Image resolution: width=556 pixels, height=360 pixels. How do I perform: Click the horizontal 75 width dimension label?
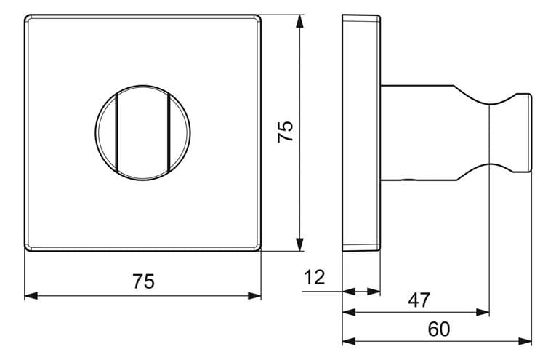[144, 281]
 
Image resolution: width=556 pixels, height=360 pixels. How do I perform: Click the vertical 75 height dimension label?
[286, 132]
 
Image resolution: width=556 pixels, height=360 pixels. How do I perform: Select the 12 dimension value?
[315, 277]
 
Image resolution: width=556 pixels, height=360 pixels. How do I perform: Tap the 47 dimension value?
[419, 300]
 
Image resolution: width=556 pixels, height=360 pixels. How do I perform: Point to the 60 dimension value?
[439, 329]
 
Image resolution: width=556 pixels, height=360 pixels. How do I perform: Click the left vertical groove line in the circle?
[116, 132]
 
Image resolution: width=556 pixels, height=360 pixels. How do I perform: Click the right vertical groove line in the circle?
[169, 132]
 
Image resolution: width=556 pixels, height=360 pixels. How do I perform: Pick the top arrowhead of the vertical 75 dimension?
[300, 21]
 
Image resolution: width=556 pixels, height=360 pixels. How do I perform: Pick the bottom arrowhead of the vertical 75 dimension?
[300, 245]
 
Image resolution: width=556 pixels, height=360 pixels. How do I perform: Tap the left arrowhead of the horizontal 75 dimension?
[31, 296]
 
